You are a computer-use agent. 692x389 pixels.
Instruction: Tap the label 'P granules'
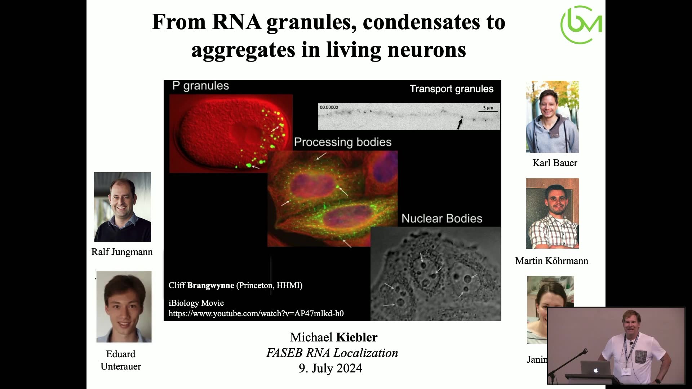pyautogui.click(x=200, y=86)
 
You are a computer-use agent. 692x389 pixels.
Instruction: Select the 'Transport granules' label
pyautogui.click(x=452, y=89)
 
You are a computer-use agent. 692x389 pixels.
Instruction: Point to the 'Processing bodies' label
pyautogui.click(x=343, y=142)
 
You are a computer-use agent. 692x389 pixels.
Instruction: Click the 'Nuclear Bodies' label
pyautogui.click(x=442, y=218)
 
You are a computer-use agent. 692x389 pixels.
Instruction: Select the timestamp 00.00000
pyautogui.click(x=329, y=107)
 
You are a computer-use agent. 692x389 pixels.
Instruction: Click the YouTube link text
pyautogui.click(x=256, y=313)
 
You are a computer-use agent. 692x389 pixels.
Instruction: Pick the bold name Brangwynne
pyautogui.click(x=210, y=285)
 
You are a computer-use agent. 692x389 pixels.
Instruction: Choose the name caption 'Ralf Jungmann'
pyautogui.click(x=122, y=252)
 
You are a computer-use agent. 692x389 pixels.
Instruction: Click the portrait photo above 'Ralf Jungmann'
pyautogui.click(x=123, y=207)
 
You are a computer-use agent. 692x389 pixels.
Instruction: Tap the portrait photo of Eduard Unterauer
pyautogui.click(x=124, y=307)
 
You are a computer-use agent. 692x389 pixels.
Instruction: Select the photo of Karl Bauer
pyautogui.click(x=552, y=117)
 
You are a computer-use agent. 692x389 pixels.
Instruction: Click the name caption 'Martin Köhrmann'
pyautogui.click(x=551, y=261)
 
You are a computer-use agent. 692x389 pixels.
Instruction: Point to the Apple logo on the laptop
pyautogui.click(x=596, y=370)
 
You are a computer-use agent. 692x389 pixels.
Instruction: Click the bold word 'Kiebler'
pyautogui.click(x=357, y=337)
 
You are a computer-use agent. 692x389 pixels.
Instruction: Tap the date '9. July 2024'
pyautogui.click(x=331, y=368)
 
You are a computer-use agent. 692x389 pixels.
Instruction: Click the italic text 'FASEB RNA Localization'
pyautogui.click(x=332, y=353)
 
